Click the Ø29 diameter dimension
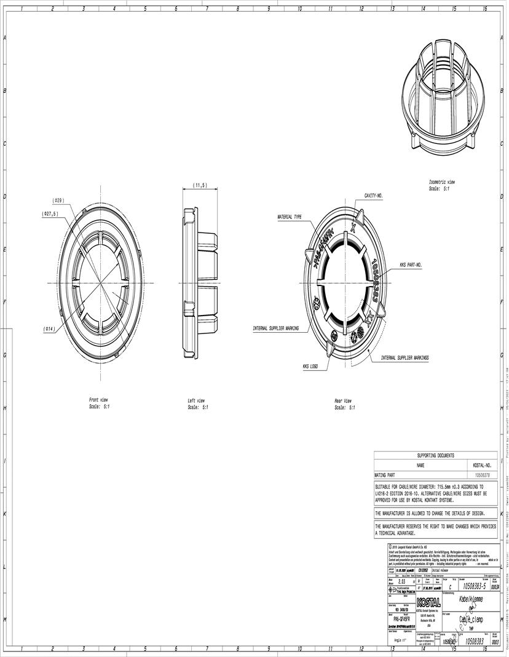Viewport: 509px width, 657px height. point(58,201)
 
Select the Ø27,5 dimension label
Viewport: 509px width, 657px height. point(50,214)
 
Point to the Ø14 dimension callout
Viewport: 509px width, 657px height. point(50,329)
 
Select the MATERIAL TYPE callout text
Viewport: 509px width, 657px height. point(290,217)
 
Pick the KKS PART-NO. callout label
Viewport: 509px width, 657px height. point(411,265)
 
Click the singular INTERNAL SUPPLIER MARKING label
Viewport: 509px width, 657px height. point(275,328)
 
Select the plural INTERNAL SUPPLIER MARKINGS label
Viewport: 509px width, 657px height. point(404,357)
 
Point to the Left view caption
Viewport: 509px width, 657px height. point(196,400)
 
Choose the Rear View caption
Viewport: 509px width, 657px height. point(343,400)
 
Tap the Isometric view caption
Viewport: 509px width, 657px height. point(441,183)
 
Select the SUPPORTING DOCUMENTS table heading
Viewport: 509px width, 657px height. point(435,456)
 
